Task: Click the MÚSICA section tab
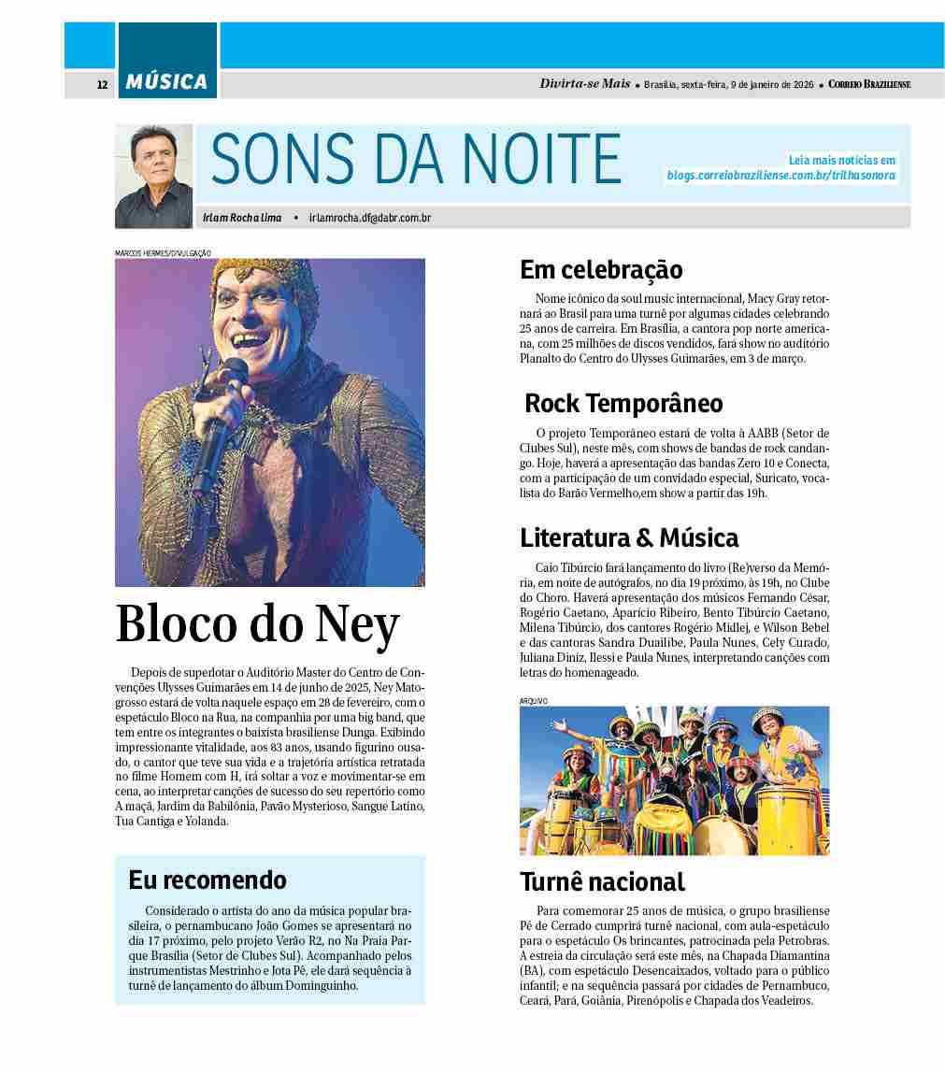[x=167, y=82]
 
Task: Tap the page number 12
[x=102, y=85]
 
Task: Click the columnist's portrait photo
[x=153, y=177]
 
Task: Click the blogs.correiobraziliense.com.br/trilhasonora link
[x=780, y=175]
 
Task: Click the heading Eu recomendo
[x=208, y=880]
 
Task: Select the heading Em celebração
[x=601, y=270]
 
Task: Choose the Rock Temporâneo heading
[x=623, y=403]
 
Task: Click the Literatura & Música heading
[x=629, y=537]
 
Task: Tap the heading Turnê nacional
[x=602, y=880]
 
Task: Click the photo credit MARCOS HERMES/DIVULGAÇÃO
[x=163, y=252]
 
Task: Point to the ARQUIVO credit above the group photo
[x=533, y=700]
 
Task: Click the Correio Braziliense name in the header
[x=868, y=84]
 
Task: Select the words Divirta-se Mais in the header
[x=585, y=83]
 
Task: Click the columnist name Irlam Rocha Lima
[x=242, y=218]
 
